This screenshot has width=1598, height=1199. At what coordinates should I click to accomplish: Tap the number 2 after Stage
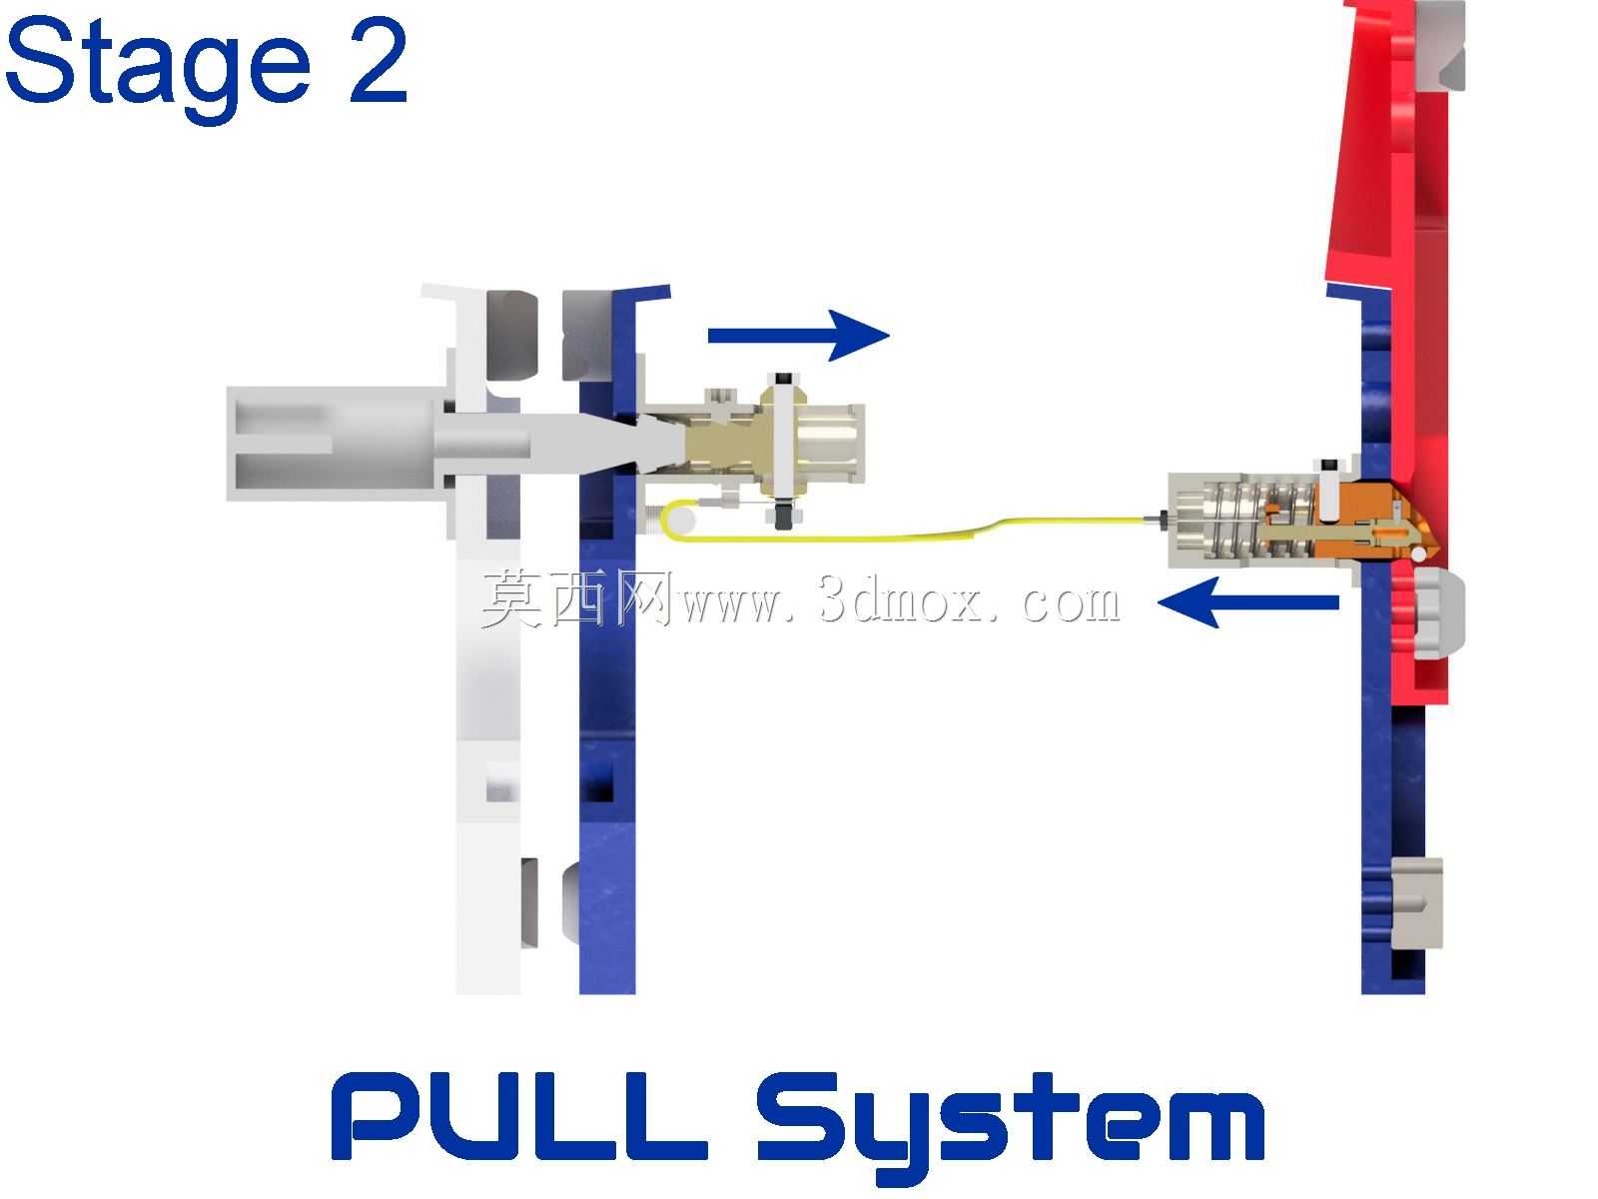[x=378, y=61]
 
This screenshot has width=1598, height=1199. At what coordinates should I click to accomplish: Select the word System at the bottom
[x=1009, y=1127]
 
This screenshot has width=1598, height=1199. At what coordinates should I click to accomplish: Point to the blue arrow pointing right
[x=799, y=336]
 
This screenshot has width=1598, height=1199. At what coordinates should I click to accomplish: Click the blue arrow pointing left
[x=1247, y=602]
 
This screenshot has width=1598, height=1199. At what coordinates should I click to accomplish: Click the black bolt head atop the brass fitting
[x=783, y=380]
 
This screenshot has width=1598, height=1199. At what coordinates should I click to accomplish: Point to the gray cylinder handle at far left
[x=335, y=444]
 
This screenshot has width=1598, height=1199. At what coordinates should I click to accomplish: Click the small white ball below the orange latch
[x=1418, y=555]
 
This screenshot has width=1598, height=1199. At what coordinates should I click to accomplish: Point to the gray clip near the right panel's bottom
[x=1416, y=902]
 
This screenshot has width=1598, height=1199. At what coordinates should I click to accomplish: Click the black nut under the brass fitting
[x=783, y=518]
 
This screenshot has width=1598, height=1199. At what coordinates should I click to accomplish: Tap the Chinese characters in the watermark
[x=576, y=599]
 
